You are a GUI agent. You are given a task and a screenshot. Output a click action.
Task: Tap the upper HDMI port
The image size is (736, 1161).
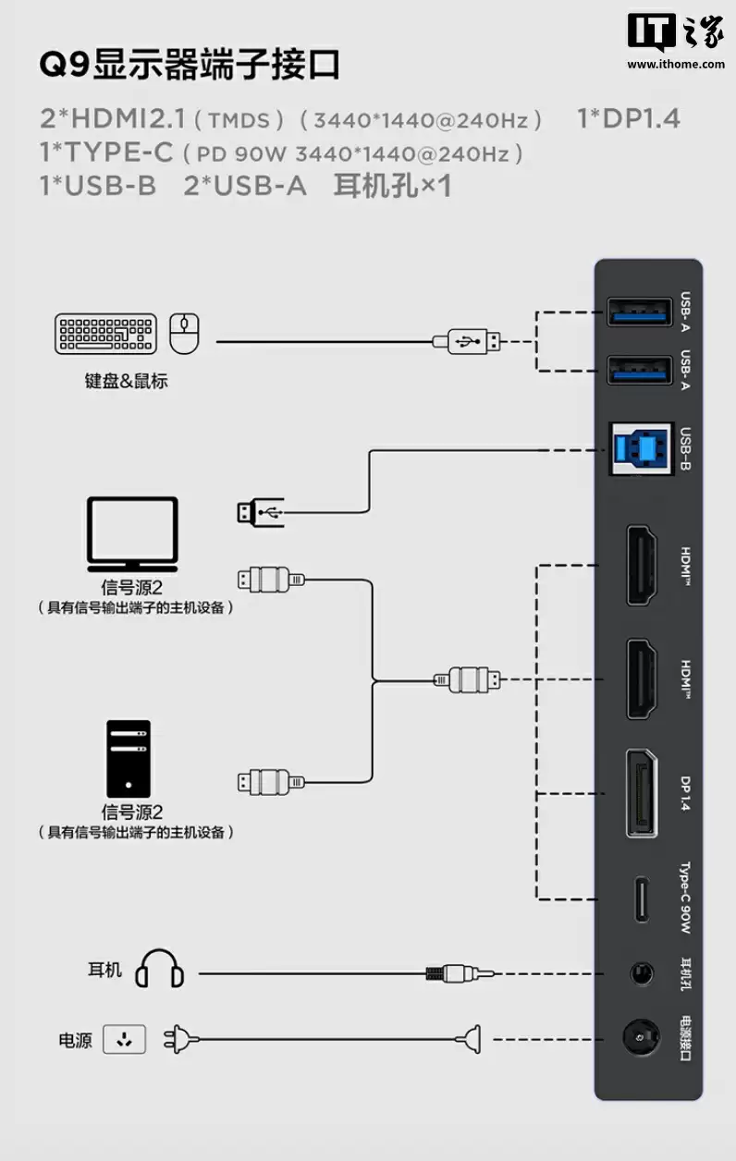[x=643, y=565]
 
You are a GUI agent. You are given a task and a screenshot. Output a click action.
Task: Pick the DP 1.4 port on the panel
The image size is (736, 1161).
[x=643, y=793]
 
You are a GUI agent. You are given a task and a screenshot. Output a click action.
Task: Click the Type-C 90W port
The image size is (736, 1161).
[x=642, y=898]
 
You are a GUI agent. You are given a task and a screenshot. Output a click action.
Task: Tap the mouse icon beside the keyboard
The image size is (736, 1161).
[x=185, y=333]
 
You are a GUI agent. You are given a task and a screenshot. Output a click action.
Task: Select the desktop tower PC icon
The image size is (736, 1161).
[x=128, y=758]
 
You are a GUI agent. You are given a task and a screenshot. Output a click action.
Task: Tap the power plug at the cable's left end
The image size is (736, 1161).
[x=181, y=1039]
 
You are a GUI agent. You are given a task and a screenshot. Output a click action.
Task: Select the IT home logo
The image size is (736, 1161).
[x=675, y=41]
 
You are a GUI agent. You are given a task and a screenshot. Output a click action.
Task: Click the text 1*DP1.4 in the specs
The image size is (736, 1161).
[x=628, y=118]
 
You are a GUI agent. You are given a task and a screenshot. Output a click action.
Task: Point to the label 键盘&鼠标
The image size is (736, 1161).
[x=127, y=381]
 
